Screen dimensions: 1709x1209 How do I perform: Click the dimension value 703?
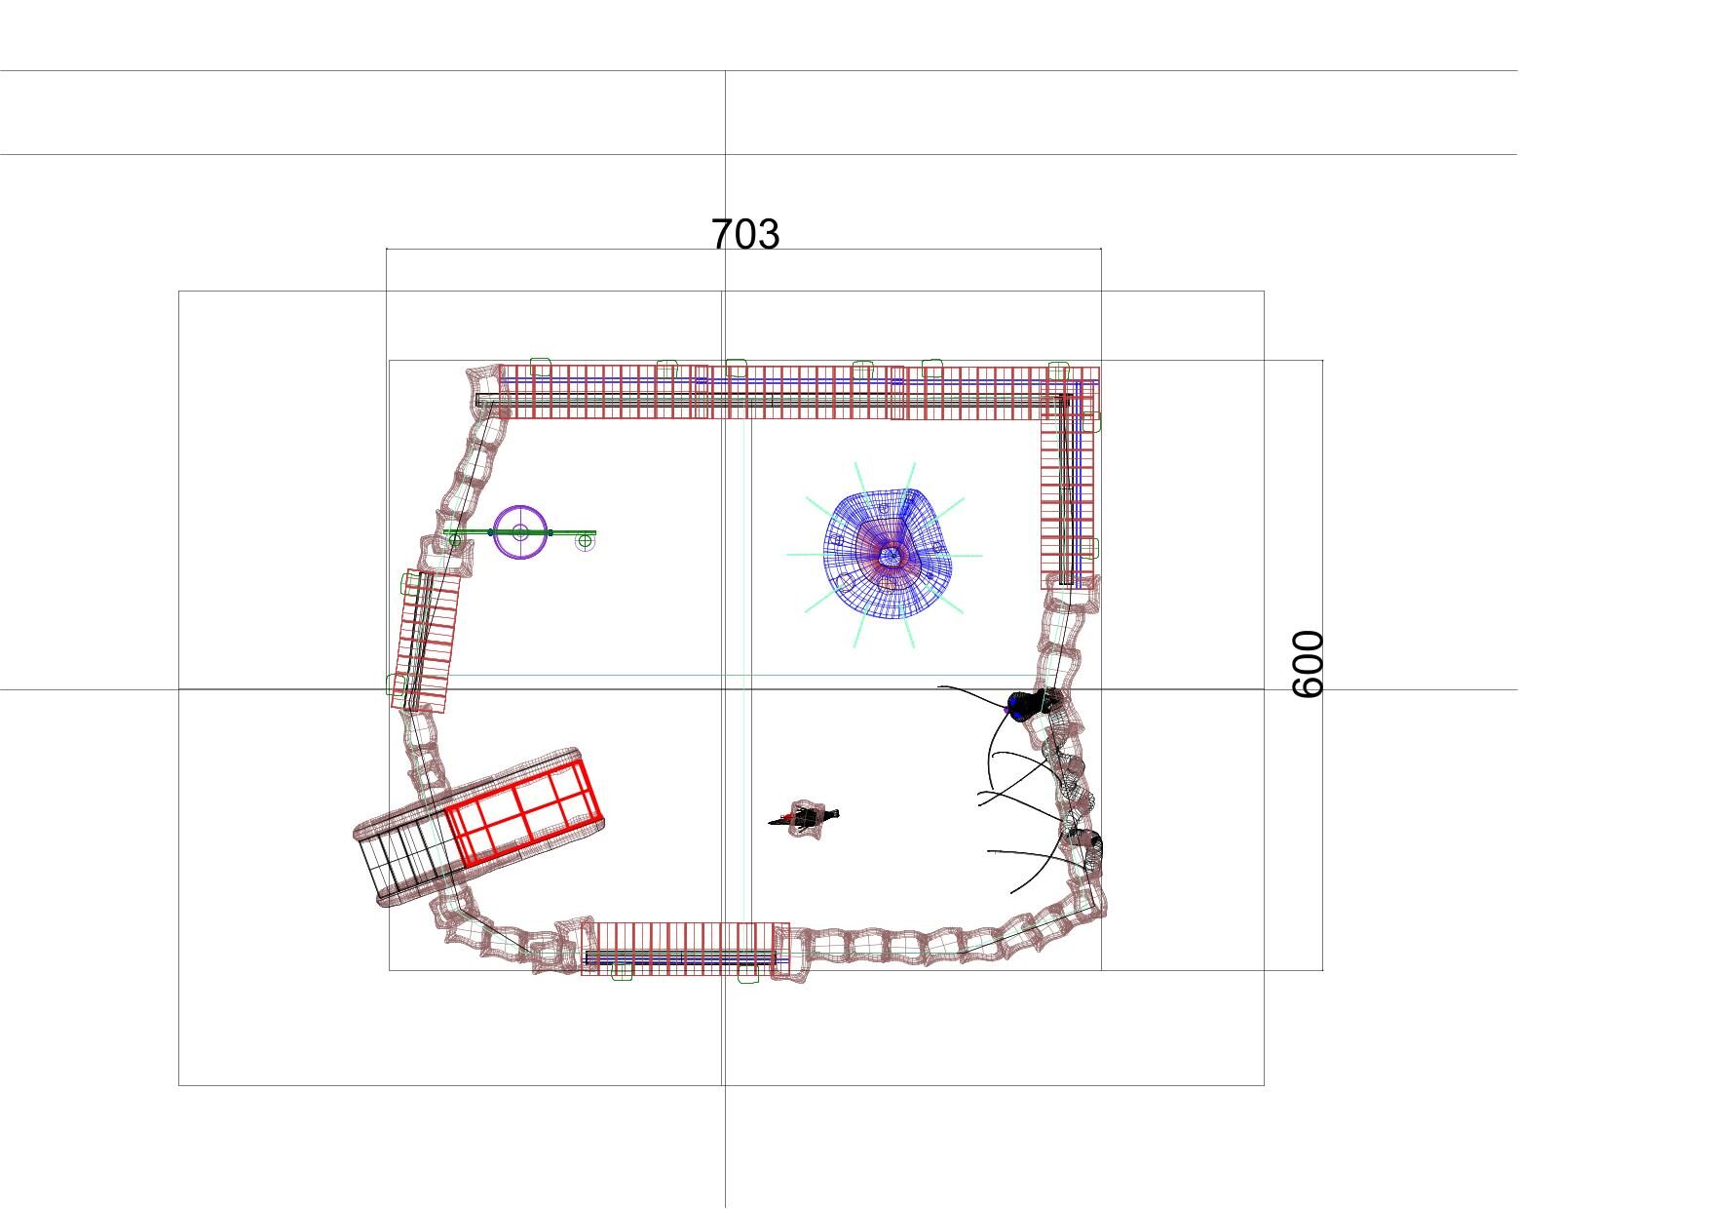point(745,234)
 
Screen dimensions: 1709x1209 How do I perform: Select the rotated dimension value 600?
point(1308,664)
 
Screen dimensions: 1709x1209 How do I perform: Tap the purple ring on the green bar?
point(520,531)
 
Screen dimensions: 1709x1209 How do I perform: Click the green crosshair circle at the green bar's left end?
point(454,538)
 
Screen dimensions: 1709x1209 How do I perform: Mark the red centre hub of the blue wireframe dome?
point(891,557)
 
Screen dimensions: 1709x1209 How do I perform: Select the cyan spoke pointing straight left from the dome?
point(806,555)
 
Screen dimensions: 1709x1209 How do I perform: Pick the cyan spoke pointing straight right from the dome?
point(966,556)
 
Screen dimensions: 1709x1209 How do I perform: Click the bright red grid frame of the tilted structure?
point(523,812)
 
